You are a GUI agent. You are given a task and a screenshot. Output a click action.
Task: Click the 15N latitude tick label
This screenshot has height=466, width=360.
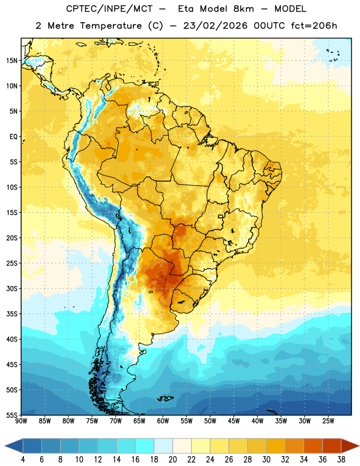click(x=12, y=61)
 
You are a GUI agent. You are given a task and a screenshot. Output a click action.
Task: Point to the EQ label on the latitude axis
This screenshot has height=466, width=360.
click(x=13, y=137)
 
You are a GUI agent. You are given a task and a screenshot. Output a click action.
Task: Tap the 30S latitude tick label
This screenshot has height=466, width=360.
click(x=12, y=288)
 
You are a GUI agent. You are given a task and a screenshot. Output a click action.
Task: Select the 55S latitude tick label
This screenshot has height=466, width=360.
click(x=12, y=415)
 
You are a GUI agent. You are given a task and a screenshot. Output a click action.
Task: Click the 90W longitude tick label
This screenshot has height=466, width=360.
click(x=21, y=421)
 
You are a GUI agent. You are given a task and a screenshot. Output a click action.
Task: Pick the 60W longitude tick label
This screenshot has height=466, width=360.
click(x=163, y=421)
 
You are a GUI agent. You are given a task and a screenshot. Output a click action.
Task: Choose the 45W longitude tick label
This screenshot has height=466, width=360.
click(x=234, y=421)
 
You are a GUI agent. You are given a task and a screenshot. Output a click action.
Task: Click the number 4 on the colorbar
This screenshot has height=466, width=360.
click(x=23, y=460)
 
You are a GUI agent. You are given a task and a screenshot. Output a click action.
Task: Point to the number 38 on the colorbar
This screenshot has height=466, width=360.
click(x=341, y=460)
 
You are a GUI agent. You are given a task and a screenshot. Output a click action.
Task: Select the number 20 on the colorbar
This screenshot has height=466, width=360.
click(x=172, y=460)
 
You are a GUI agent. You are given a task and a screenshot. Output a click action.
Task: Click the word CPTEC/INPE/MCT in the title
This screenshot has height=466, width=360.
click(x=109, y=9)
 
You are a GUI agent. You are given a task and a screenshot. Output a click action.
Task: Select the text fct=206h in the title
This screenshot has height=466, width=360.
click(x=314, y=26)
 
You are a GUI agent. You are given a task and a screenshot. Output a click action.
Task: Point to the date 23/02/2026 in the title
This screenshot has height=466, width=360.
click(x=215, y=26)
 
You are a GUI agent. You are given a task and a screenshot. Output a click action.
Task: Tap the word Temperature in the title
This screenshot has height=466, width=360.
click(x=111, y=26)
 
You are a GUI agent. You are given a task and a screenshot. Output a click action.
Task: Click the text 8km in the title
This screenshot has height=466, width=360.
click(x=243, y=9)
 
